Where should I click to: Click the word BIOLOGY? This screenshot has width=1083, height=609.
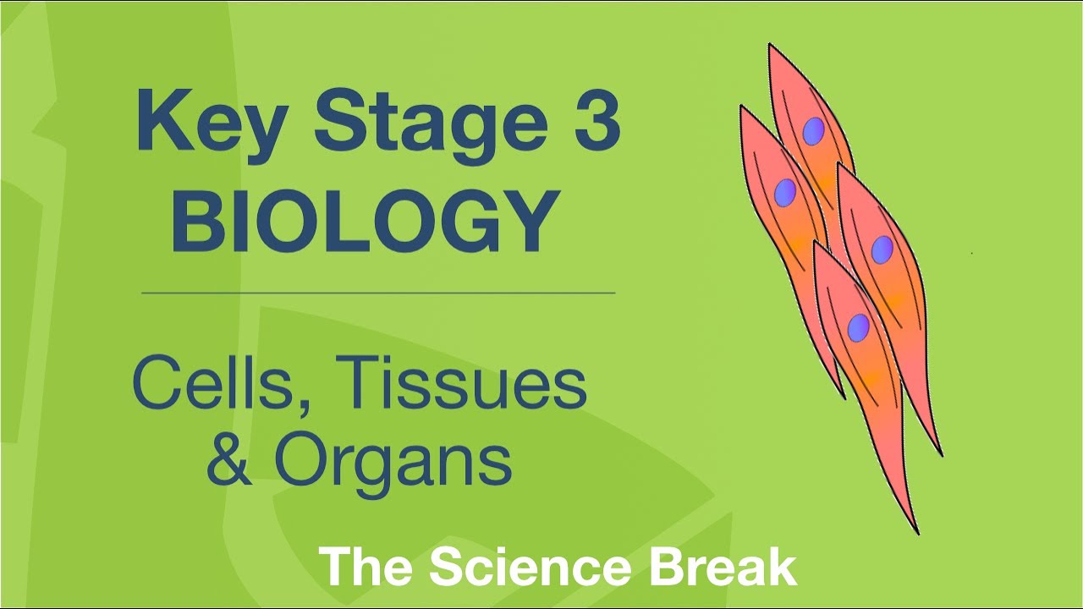click(365, 222)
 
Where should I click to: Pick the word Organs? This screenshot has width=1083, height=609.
click(393, 461)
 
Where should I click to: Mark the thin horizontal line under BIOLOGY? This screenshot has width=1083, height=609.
click(378, 293)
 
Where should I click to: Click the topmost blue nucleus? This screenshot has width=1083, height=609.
click(813, 130)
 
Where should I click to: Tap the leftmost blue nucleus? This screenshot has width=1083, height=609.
click(785, 191)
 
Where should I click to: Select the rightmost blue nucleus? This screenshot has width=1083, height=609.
click(882, 249)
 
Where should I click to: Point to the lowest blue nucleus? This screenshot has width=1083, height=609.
click(859, 326)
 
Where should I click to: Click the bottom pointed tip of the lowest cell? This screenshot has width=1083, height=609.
click(917, 533)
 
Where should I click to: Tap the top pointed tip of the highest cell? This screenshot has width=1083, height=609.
click(770, 46)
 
